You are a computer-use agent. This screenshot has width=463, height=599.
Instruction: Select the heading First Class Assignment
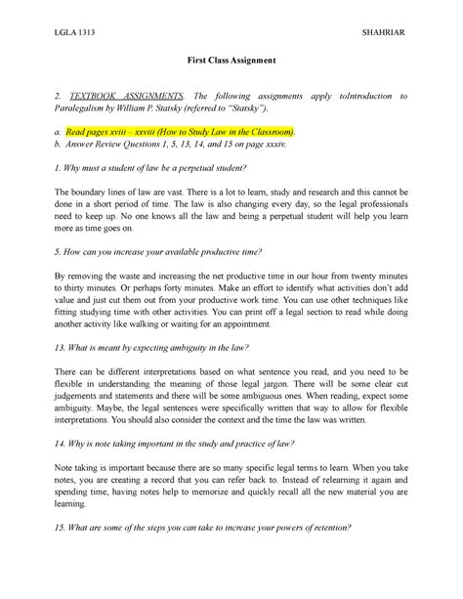tap(231, 61)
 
